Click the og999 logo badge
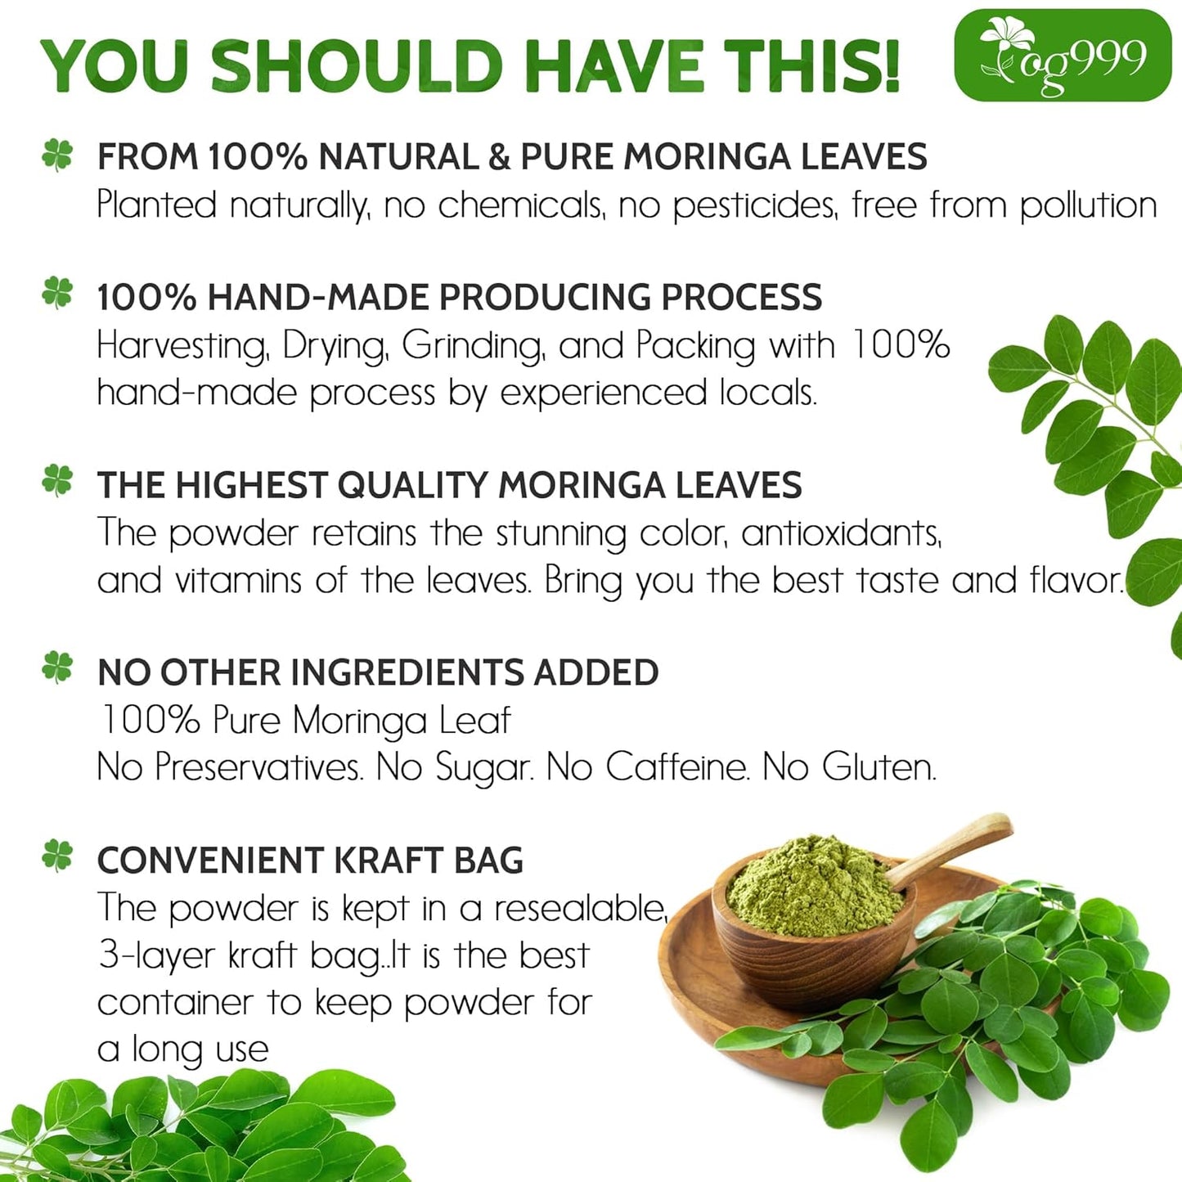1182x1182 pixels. coord(1063,56)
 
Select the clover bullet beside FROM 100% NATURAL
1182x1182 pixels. coord(57,155)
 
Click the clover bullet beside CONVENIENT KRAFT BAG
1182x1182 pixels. coord(57,856)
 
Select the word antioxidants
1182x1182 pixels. coord(841,533)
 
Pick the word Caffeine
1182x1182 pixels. coord(676,767)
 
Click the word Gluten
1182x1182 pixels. coord(879,767)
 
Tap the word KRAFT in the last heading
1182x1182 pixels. coord(388,861)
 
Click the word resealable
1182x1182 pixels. coord(580,909)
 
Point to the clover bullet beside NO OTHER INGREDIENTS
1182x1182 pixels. coord(57,667)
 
